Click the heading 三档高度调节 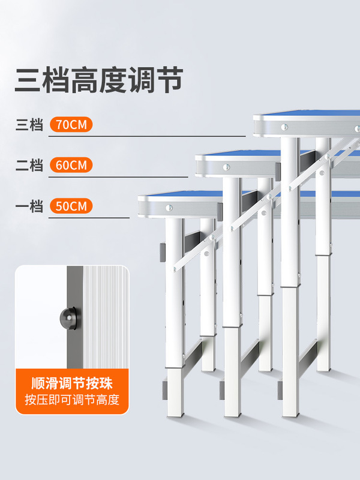[x=98, y=80]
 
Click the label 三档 [x=29, y=126]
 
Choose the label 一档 [x=29, y=207]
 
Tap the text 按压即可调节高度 [x=72, y=400]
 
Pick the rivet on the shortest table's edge [x=168, y=208]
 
